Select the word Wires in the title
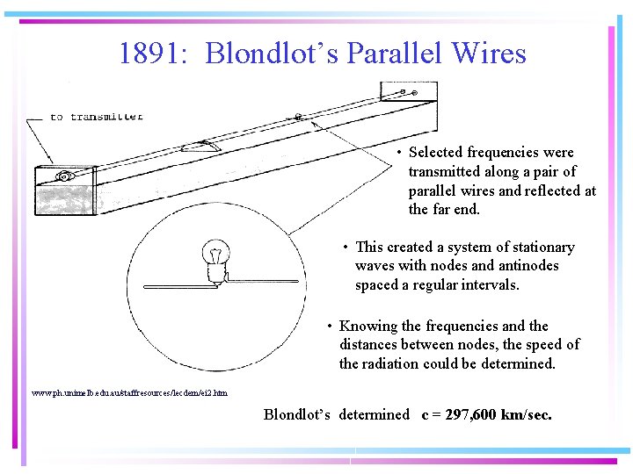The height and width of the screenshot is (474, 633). [489, 54]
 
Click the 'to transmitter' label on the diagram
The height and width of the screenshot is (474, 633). [96, 117]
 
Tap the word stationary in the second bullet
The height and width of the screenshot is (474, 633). [539, 248]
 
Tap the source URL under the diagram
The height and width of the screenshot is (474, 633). [128, 392]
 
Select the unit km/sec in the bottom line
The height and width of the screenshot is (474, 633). [527, 414]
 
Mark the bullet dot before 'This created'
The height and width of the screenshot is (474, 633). [347, 248]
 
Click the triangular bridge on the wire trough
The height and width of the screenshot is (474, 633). [201, 146]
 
